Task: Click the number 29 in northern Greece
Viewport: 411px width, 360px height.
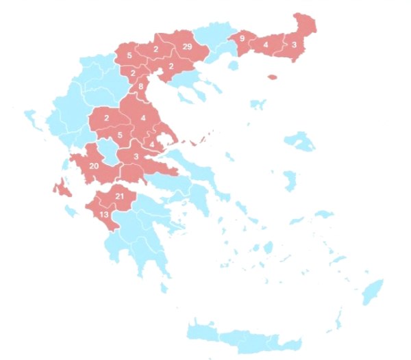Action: point(188,47)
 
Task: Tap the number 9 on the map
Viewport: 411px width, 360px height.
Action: point(242,38)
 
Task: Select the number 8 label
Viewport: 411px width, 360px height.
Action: point(141,87)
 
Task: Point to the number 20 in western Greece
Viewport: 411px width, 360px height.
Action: point(94,166)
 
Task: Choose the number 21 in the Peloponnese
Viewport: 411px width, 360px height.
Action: point(119,197)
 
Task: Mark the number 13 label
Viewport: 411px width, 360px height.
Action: point(104,215)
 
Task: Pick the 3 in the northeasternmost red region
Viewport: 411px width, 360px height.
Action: point(295,45)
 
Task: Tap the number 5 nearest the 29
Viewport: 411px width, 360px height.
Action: point(130,55)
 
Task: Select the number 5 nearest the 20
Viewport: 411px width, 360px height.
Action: point(120,135)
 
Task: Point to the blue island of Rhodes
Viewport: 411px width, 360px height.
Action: point(373,290)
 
